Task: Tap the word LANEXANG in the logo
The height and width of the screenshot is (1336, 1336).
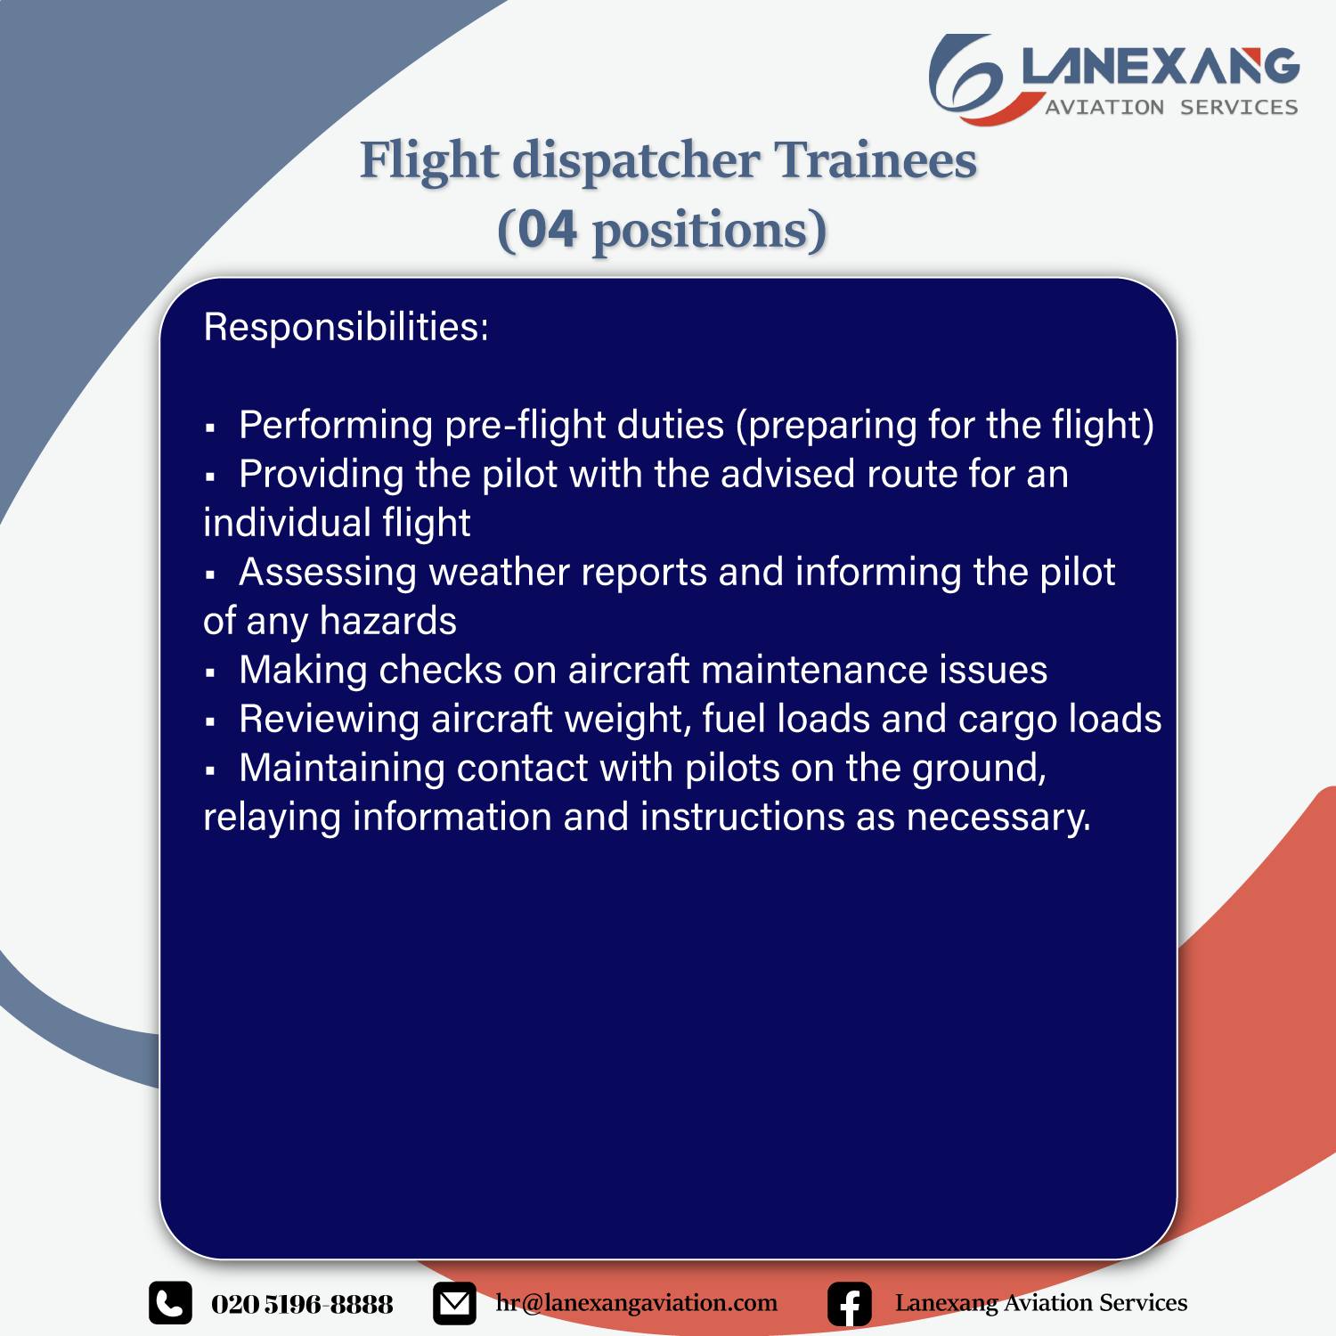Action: click(x=1161, y=68)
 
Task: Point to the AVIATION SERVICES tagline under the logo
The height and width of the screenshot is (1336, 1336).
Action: click(x=1171, y=107)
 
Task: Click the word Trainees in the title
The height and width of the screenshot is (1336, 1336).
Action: click(x=876, y=160)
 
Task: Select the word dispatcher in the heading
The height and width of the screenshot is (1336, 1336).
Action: click(x=636, y=162)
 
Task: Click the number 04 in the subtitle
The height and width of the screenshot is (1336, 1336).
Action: click(x=547, y=230)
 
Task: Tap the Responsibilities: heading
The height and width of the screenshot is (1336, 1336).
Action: click(x=346, y=327)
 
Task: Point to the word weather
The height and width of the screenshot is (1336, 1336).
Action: click(x=499, y=572)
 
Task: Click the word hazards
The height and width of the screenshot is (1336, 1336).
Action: click(x=387, y=621)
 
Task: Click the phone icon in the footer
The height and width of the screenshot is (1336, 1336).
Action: click(x=170, y=1304)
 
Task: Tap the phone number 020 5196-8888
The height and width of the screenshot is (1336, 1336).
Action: click(x=302, y=1305)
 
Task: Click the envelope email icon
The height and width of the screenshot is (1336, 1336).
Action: click(x=454, y=1304)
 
